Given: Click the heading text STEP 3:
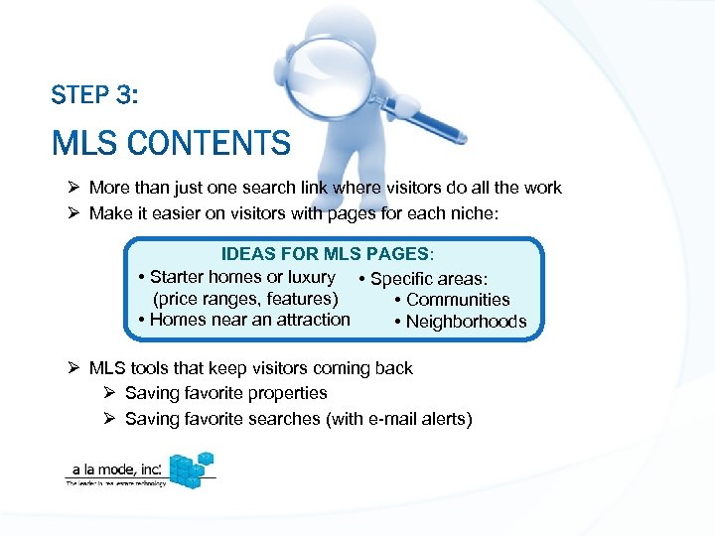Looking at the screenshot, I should (x=94, y=96).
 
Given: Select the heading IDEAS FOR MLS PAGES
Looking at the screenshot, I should (x=327, y=255).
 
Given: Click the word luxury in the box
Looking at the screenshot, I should (x=310, y=277).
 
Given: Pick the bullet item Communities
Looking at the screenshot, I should (x=458, y=300).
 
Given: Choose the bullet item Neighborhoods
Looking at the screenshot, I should (x=466, y=322).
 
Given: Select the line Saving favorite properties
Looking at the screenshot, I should (x=225, y=393).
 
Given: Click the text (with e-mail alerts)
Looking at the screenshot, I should (x=398, y=419).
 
